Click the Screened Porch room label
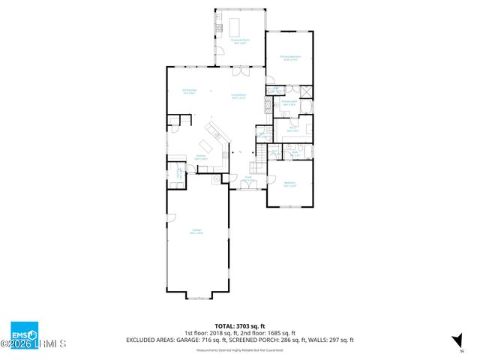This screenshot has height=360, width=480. [x=241, y=42]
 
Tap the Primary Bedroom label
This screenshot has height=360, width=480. [x=289, y=57]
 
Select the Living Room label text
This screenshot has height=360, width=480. [x=239, y=95]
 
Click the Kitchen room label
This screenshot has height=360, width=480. [x=201, y=158]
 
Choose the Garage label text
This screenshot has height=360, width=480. [x=196, y=232]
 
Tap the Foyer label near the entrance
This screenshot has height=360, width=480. [x=247, y=180]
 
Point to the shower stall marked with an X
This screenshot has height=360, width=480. [x=306, y=92]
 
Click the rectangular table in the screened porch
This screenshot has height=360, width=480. [x=240, y=26]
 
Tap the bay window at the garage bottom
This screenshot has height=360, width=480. [x=197, y=297]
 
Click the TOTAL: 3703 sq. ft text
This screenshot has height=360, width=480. [x=239, y=326]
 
